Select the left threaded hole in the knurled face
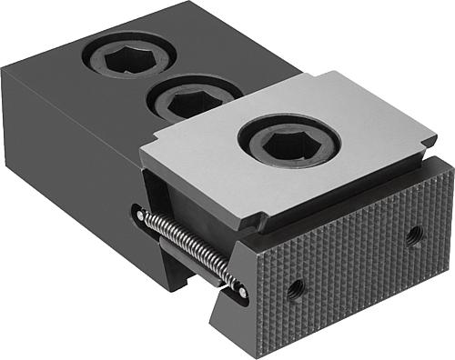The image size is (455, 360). [295, 289]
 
